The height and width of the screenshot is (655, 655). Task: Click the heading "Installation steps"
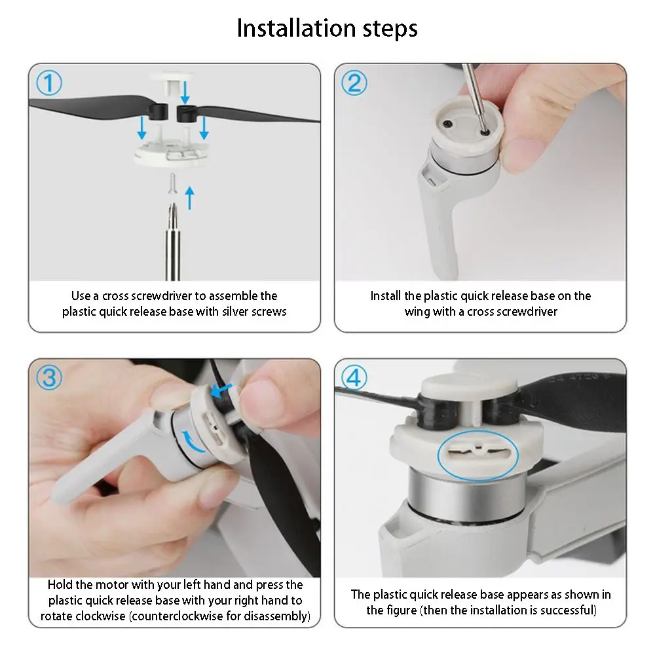pos(327,28)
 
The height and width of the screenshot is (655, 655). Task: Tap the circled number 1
pos(49,83)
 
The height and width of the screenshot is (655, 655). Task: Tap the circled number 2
pos(354,83)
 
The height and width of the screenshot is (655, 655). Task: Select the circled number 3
pos(49,378)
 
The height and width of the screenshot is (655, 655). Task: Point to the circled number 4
pos(354,378)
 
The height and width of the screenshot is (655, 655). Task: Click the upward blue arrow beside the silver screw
pos(190,198)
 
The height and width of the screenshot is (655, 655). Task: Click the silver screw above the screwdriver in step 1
pos(173,184)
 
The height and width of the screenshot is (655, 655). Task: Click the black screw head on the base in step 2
pos(447,124)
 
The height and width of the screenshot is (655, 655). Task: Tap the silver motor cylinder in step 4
pos(467,493)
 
